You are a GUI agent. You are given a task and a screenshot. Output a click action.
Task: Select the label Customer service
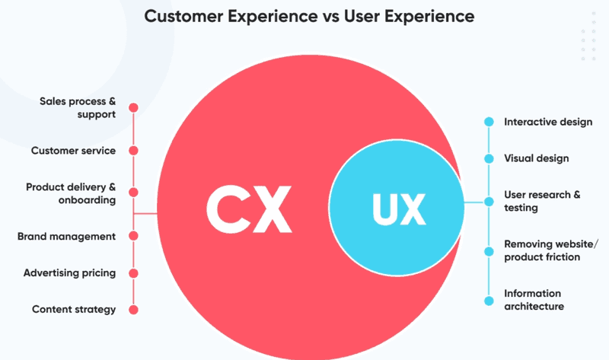pyautogui.click(x=73, y=151)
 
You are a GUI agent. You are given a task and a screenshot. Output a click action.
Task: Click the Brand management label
pyautogui.click(x=66, y=237)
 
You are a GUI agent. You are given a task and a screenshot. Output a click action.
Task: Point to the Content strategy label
pyautogui.click(x=74, y=309)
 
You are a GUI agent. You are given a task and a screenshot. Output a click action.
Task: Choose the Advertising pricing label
pyautogui.click(x=69, y=272)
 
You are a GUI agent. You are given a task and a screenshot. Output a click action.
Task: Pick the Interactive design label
pyautogui.click(x=548, y=122)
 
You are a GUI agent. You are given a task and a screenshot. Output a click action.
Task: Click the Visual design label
pyautogui.click(x=537, y=159)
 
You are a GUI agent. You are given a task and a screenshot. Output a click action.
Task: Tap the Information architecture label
pyautogui.click(x=534, y=300)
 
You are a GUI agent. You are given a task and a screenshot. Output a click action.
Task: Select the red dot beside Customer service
pyautogui.click(x=134, y=151)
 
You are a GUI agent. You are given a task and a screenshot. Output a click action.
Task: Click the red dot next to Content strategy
pyautogui.click(x=134, y=309)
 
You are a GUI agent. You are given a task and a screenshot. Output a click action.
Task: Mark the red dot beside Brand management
pyautogui.click(x=134, y=237)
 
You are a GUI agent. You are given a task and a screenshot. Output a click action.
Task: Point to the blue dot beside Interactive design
pyautogui.click(x=487, y=122)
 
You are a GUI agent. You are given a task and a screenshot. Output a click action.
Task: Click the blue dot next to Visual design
pyautogui.click(x=487, y=159)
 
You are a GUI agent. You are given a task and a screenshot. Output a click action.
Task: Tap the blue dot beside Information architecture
pyautogui.click(x=487, y=300)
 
